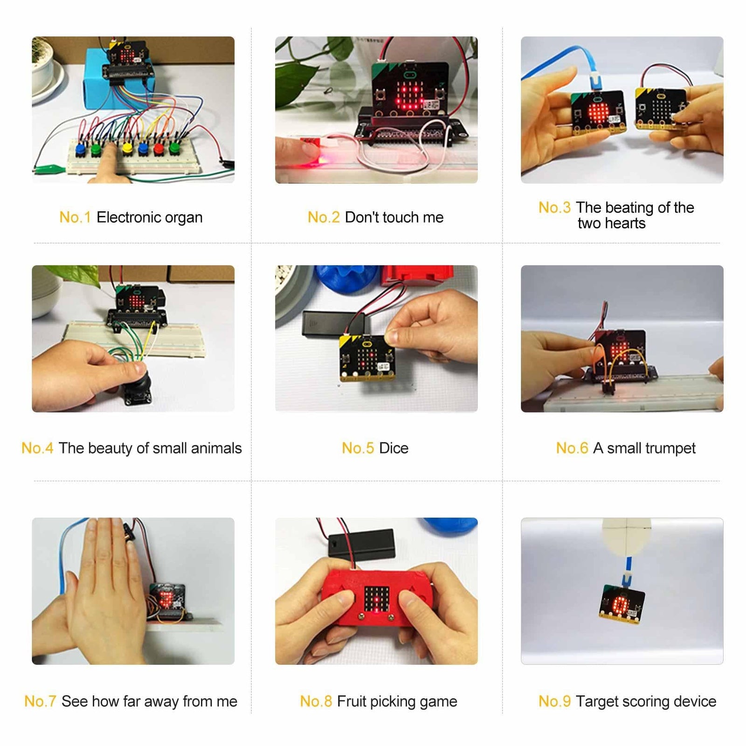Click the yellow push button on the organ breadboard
127,148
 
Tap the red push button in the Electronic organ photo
159,149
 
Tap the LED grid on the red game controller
376,600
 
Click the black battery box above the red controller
362,543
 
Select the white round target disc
626,536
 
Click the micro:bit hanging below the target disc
622,604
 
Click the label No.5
358,448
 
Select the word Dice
394,448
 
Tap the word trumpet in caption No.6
669,448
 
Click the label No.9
554,701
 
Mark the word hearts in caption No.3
623,224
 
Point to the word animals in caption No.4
216,448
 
